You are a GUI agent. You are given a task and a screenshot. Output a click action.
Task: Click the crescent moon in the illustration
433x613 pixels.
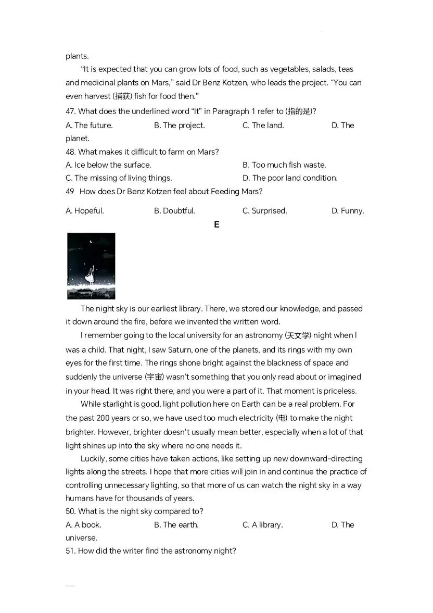[x=92, y=241]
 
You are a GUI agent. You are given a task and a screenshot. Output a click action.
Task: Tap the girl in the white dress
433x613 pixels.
[x=91, y=273]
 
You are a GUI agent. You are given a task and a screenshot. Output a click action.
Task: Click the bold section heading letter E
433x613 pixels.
[x=216, y=224]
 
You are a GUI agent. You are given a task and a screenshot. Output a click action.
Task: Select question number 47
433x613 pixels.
[x=71, y=111]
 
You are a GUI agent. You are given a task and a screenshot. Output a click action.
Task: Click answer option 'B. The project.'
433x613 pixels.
[x=179, y=126]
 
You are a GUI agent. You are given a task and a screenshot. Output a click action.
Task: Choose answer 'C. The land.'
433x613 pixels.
[x=263, y=126]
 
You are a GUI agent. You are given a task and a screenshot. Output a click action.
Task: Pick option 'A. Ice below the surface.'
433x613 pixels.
[x=108, y=165]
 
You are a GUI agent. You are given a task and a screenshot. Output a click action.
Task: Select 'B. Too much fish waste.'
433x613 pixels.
[x=284, y=165]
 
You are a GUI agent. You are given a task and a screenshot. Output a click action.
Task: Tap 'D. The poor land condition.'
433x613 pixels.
[x=289, y=178]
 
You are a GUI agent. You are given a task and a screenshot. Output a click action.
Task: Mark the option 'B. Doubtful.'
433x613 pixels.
[x=174, y=211]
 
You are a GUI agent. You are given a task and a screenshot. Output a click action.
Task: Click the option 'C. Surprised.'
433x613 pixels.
[x=264, y=211]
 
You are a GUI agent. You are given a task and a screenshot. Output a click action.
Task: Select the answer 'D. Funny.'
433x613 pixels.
[x=347, y=211]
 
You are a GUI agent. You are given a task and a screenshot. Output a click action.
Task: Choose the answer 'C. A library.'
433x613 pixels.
[x=262, y=525]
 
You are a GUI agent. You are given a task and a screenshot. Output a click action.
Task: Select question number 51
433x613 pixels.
[x=71, y=551]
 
